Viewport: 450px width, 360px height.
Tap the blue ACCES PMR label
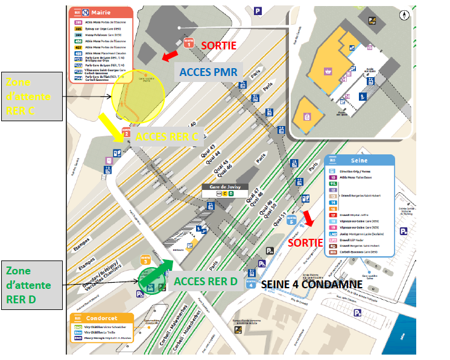click(208, 72)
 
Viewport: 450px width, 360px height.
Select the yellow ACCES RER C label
click(166, 137)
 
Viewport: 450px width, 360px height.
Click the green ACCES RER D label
click(206, 280)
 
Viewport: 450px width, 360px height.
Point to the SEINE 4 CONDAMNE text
click(311, 284)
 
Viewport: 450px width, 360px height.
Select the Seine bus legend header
click(360, 160)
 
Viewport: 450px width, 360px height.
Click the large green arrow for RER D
click(157, 269)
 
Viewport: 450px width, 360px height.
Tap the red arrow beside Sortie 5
click(308, 218)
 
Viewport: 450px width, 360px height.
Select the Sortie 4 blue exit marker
click(251, 284)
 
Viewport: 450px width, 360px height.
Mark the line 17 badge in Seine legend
click(332, 214)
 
